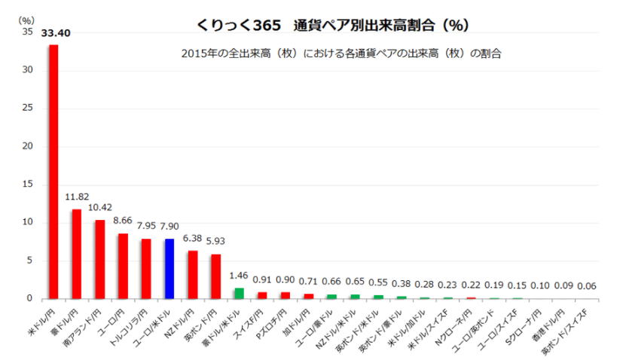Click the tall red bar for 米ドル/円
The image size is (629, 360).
tap(53, 172)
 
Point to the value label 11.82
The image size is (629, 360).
tap(76, 197)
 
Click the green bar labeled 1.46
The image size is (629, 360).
tap(239, 293)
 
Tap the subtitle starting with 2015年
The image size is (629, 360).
tap(341, 54)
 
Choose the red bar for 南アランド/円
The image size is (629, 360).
tap(99, 259)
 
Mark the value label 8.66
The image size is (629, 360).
tap(122, 221)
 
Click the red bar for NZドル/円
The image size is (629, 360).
tap(193, 274)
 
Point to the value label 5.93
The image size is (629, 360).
tap(216, 242)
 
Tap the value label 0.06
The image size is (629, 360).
tap(587, 286)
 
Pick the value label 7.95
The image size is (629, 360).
tap(146, 226)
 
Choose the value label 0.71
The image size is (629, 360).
tap(309, 282)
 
